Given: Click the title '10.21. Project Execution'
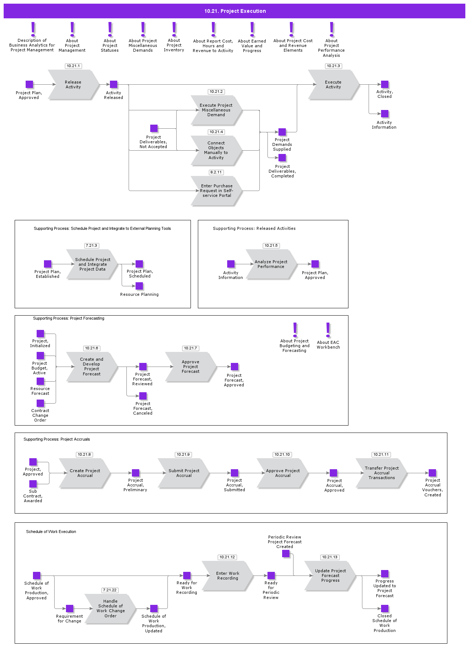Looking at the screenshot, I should coord(235,11).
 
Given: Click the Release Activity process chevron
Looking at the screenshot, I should coord(73,85).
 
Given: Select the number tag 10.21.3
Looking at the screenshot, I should coord(333,66).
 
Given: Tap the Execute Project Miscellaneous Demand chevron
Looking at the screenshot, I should coord(216,110).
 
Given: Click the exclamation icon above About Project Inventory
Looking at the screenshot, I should coord(174,29).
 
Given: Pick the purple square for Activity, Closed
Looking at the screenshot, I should coord(384,84).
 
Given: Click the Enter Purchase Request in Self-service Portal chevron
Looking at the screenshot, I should coord(216,191).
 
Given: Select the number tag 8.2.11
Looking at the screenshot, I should coord(216,172).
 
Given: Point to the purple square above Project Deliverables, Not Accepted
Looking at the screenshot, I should coord(154,128).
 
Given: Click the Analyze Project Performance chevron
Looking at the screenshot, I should coord(271,264).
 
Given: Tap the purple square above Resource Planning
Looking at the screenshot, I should coord(139,286).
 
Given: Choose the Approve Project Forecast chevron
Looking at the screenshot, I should coord(191,367).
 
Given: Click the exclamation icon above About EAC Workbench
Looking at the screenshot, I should coord(328,330).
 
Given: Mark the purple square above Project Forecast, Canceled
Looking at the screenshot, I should coord(143,396).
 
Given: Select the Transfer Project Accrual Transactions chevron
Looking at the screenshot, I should coord(381,473).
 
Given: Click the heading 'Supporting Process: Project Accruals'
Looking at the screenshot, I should coord(56,439).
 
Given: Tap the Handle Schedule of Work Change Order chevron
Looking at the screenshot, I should coord(110,609).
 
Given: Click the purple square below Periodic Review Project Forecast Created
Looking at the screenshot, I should coord(286,554).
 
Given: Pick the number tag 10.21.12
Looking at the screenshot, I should coord(227,557).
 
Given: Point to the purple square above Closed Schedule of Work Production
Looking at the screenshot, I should coord(384,609).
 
